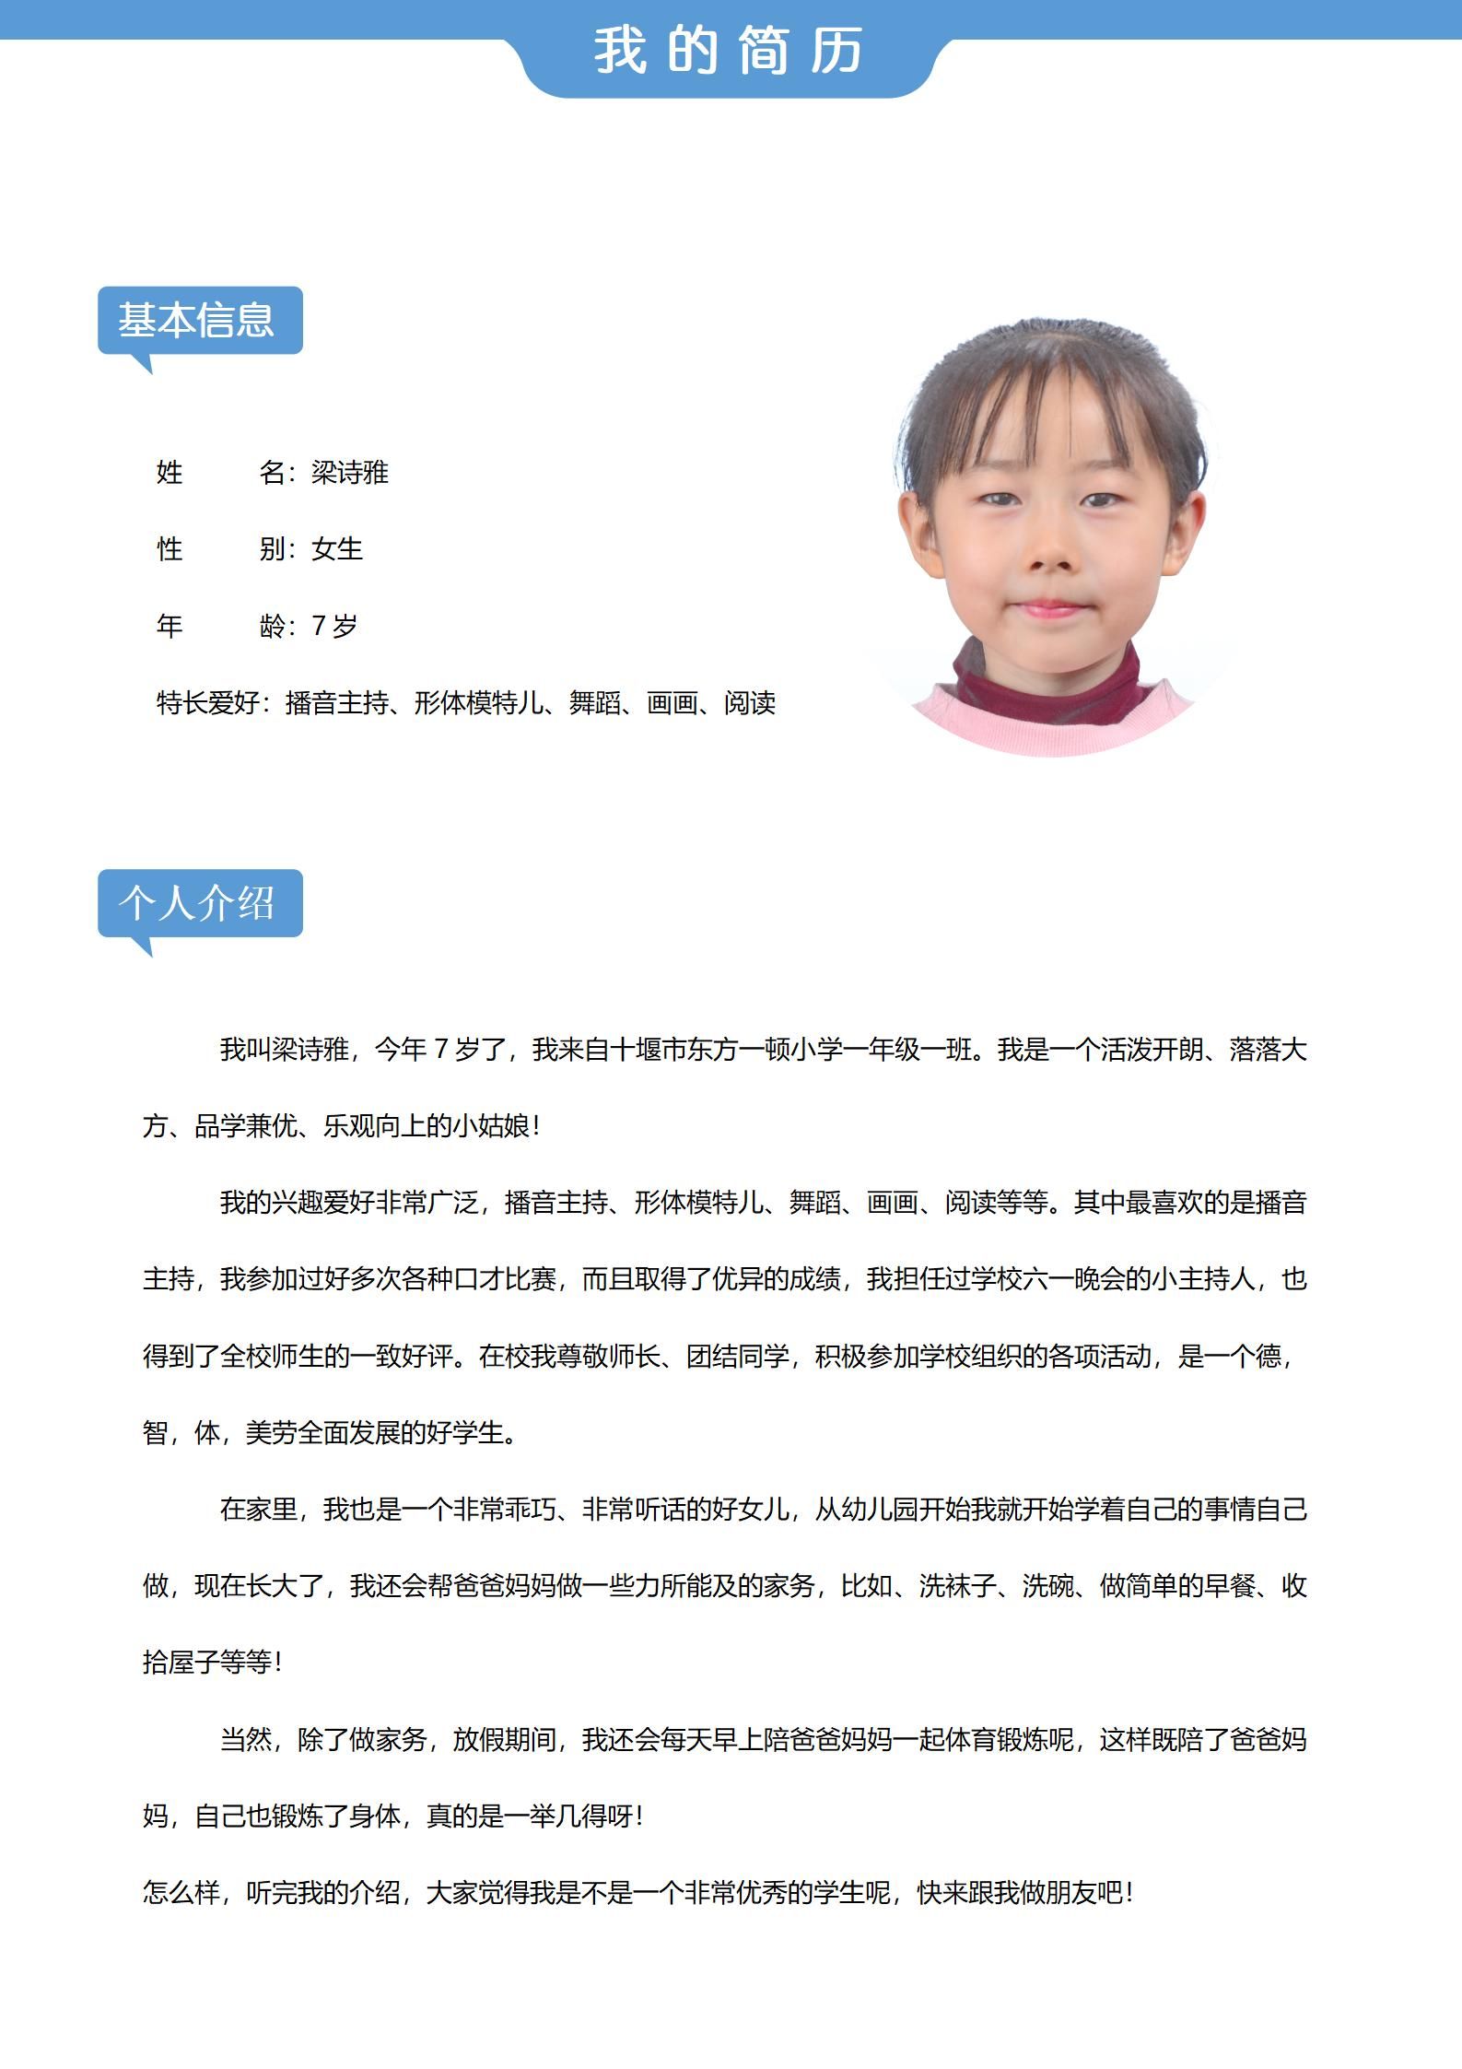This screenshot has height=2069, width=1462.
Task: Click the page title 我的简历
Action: tap(728, 50)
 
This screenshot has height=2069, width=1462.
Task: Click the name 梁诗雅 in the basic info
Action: tap(350, 473)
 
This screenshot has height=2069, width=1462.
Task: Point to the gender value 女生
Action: tap(337, 549)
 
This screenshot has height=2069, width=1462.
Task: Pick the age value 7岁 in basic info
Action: tap(334, 627)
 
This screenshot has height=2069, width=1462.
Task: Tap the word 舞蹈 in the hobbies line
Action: tap(594, 703)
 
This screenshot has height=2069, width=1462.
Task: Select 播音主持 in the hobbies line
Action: tap(336, 703)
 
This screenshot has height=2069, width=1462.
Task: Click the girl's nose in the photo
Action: tap(1049, 554)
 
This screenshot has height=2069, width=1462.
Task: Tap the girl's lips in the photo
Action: tap(1048, 608)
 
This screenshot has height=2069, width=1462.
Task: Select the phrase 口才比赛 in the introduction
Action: tap(505, 1279)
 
